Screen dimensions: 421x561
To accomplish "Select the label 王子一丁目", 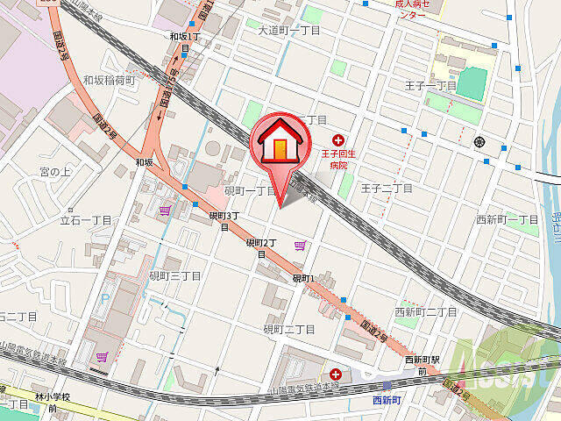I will (x=431, y=86).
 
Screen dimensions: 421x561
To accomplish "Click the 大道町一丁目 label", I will (x=289, y=30).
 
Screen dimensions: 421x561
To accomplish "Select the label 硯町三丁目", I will (x=174, y=275).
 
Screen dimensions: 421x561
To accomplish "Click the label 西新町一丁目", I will (x=508, y=218).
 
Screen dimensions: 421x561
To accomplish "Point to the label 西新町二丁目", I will (x=425, y=311).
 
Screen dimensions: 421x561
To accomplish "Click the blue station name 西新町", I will (x=386, y=400).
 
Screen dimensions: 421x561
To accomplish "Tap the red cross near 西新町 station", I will (x=337, y=374).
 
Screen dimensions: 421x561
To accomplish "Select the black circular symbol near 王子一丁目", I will (x=479, y=141).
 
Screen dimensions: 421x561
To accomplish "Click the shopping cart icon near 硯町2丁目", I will (x=300, y=246).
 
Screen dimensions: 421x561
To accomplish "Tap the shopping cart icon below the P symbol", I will (x=103, y=357).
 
